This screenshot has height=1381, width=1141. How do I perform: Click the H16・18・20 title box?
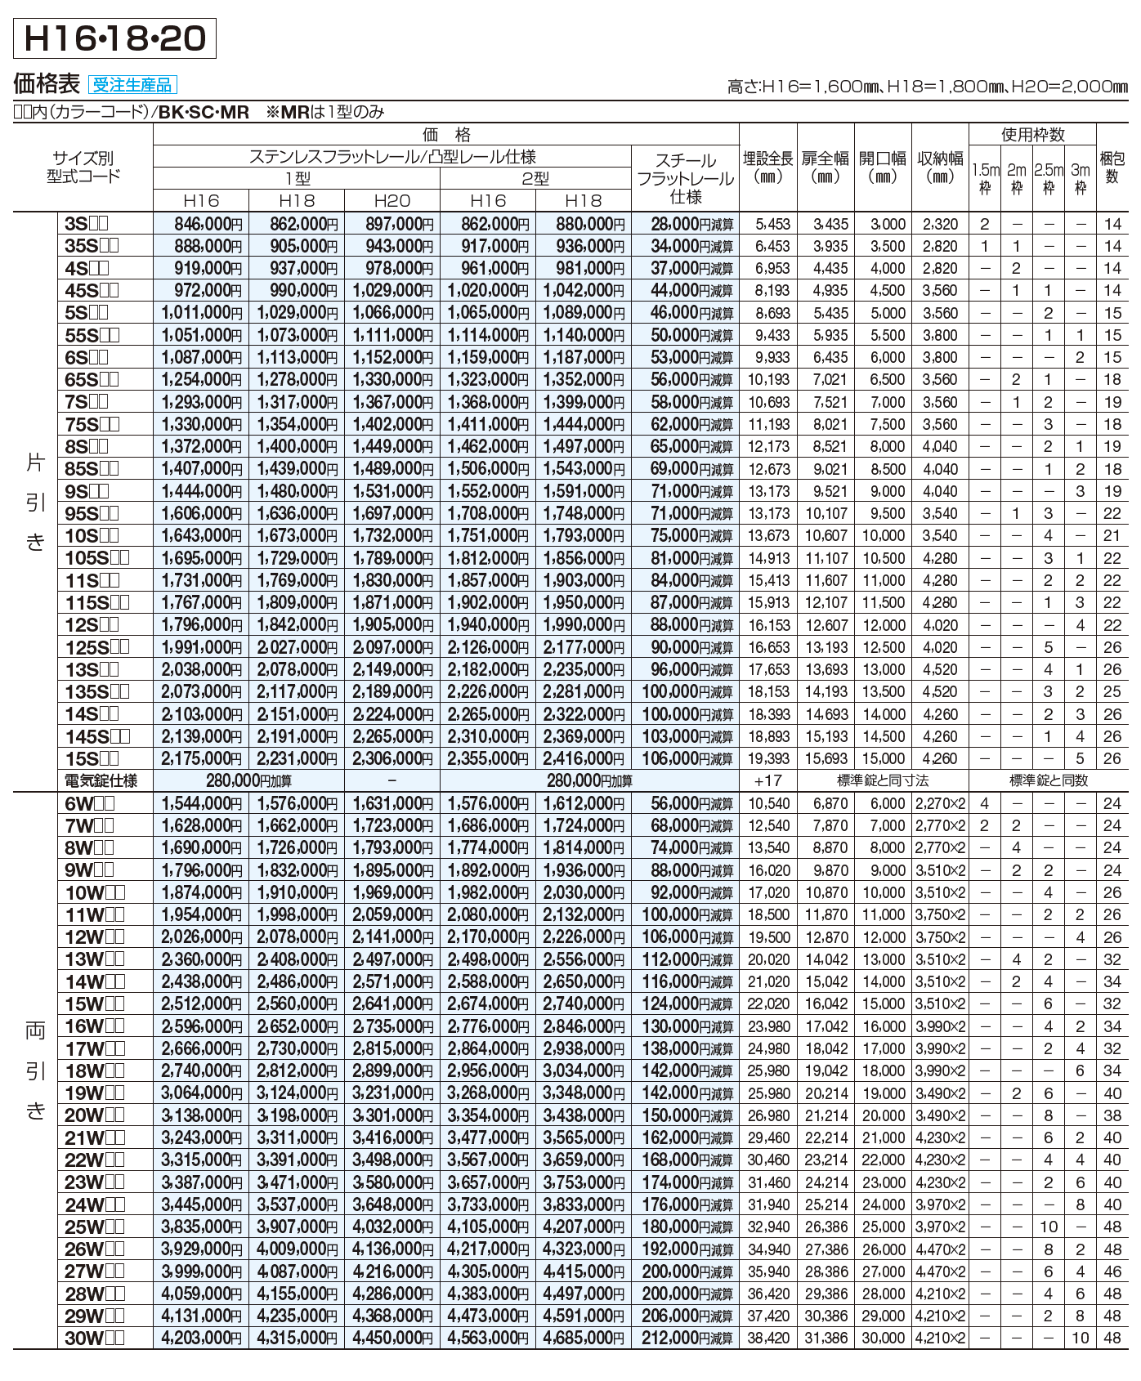(x=115, y=38)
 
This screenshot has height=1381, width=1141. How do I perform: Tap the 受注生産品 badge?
(x=132, y=85)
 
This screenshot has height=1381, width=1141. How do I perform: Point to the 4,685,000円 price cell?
(x=584, y=1339)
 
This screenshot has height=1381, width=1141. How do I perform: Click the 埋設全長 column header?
(x=767, y=168)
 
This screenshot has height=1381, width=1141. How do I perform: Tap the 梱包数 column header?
(x=1112, y=168)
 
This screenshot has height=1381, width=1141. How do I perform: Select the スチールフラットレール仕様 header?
(x=685, y=178)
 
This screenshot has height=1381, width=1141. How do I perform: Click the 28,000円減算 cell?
(x=691, y=224)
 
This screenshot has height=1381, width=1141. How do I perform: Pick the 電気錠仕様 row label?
(x=101, y=780)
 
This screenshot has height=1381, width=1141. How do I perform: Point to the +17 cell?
(x=767, y=780)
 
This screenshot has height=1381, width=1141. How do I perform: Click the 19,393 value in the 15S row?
(x=768, y=758)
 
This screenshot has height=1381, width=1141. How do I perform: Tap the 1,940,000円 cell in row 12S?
(x=488, y=625)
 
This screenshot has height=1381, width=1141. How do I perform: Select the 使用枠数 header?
(x=1033, y=135)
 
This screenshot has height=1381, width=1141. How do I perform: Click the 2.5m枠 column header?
(x=1049, y=178)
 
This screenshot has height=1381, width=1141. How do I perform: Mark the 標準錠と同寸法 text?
(x=883, y=780)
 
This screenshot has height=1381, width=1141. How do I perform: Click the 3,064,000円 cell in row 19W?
(x=201, y=1093)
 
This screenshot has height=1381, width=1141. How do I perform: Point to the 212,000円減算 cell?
(x=691, y=1339)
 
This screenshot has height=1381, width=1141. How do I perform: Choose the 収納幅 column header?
(x=940, y=168)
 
